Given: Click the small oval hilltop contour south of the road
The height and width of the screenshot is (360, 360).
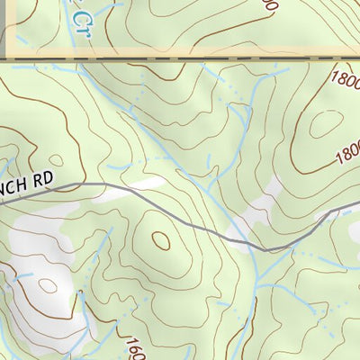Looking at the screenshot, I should (x=162, y=240).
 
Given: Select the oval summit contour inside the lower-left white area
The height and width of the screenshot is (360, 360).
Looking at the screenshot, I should (x=47, y=286).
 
